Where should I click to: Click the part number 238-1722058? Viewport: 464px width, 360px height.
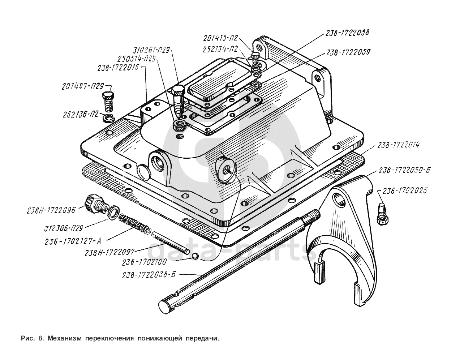(347, 33)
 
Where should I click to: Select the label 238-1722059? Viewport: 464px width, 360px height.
(348, 52)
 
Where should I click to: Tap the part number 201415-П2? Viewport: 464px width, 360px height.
(220, 38)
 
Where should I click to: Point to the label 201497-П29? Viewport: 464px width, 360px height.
(83, 87)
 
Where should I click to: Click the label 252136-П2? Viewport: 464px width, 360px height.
(81, 115)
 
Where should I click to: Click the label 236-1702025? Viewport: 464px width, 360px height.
(404, 190)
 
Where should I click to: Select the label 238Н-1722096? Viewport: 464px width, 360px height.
(51, 210)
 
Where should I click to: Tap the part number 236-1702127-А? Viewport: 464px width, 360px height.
(73, 241)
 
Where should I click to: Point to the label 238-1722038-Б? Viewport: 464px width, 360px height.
(149, 275)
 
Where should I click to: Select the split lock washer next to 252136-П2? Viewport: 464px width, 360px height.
(109, 118)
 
